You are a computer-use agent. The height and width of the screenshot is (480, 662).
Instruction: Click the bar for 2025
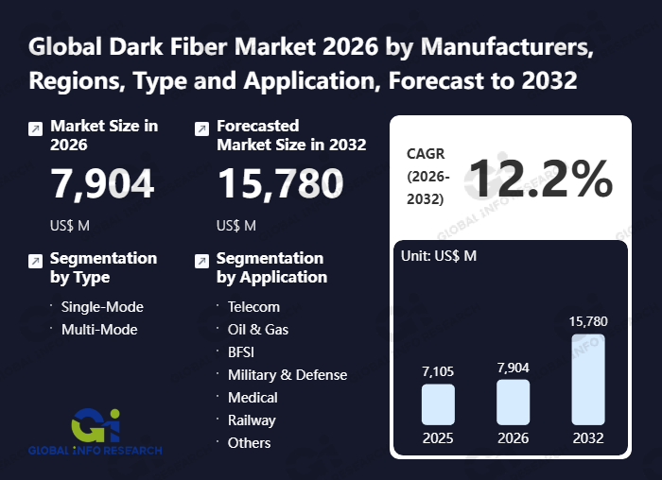click(438, 403)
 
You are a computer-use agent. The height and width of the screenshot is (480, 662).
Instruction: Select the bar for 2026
click(514, 402)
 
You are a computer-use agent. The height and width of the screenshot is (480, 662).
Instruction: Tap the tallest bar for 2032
click(588, 379)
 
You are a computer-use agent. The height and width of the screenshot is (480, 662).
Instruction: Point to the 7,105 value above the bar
click(438, 370)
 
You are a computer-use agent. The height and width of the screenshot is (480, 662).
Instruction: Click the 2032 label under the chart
click(588, 438)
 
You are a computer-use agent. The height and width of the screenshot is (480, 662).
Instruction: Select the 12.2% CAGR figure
click(540, 178)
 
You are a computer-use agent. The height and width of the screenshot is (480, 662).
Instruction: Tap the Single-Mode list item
click(102, 306)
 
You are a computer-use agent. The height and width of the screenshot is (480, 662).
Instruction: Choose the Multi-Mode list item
click(99, 329)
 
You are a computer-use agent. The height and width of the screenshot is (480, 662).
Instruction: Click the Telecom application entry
click(253, 306)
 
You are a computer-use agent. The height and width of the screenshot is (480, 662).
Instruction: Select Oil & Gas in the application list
click(258, 329)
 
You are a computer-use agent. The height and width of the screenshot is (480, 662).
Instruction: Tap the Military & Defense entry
click(287, 374)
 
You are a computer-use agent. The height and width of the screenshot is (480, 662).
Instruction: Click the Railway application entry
click(252, 420)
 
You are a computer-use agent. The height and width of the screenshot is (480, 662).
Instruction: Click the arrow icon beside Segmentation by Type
click(35, 261)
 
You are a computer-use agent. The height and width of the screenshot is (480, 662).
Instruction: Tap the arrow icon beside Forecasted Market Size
click(201, 129)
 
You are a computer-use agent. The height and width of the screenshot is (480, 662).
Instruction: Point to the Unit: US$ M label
click(441, 256)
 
